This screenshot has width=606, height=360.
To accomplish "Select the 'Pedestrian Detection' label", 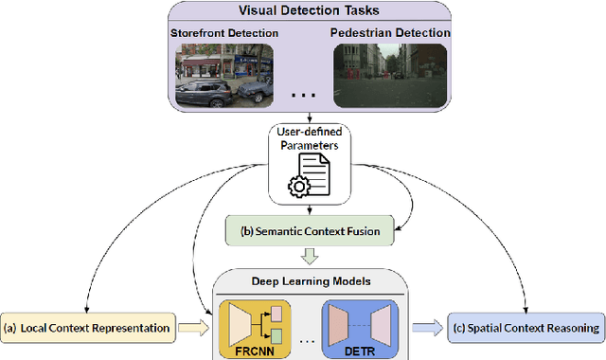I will (x=388, y=33).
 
